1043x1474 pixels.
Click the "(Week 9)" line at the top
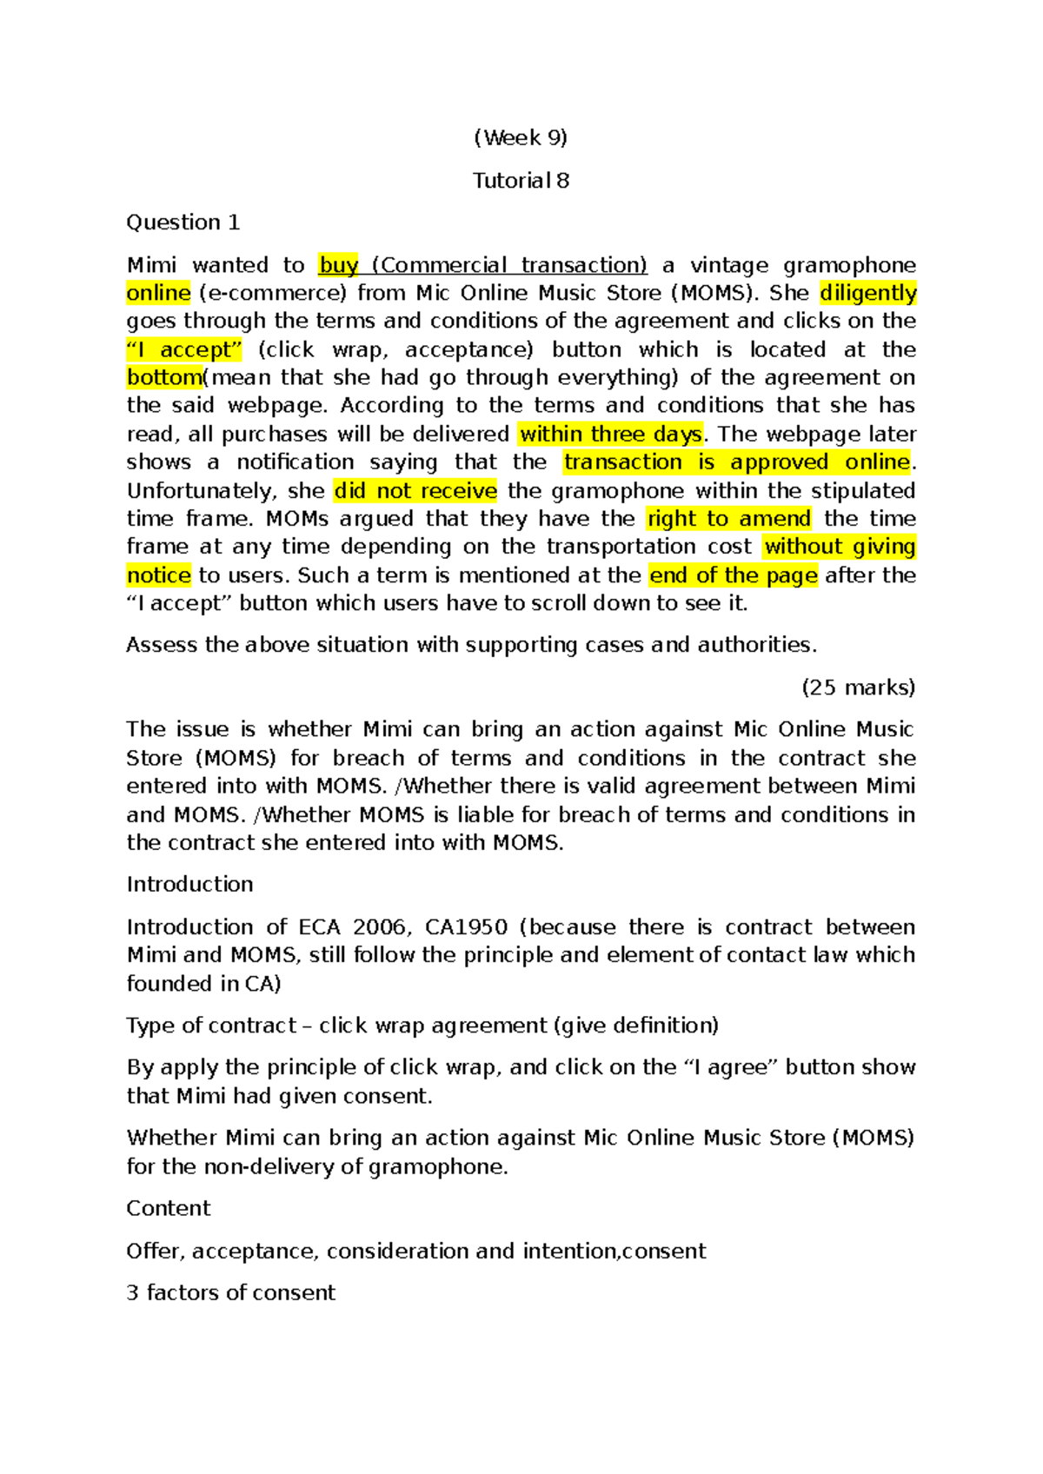(521, 137)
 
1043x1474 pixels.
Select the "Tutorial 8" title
(521, 180)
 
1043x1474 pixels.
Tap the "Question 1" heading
(183, 222)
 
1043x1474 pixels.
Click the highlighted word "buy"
(339, 265)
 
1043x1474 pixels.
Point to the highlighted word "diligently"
(867, 293)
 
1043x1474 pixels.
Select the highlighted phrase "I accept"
(184, 349)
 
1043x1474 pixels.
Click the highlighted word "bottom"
(164, 377)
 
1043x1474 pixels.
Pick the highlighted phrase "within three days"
(610, 434)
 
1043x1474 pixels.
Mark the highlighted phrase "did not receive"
(415, 490)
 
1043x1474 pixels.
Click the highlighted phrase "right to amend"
(728, 519)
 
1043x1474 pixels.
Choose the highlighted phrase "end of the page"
(733, 575)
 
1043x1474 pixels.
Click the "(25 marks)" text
(858, 687)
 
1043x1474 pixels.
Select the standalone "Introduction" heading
(189, 884)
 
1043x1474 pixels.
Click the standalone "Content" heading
(169, 1208)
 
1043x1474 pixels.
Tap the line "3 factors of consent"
(230, 1292)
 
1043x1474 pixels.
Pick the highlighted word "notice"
(158, 575)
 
